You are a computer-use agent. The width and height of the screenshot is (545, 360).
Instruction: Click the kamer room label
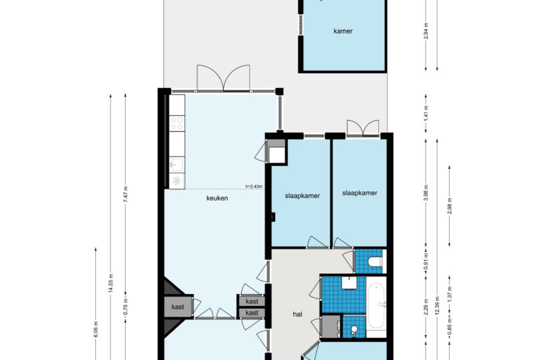point(342,31)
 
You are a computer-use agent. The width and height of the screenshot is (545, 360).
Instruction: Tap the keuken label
point(217,198)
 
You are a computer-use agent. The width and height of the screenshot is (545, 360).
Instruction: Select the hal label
point(298,314)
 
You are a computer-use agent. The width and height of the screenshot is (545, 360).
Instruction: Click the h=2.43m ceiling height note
point(254,186)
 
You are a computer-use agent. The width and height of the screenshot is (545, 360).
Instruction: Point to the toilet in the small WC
point(374,261)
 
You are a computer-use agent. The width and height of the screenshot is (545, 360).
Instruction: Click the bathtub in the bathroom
point(376,306)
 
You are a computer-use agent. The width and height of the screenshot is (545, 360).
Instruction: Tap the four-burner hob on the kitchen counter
point(177,123)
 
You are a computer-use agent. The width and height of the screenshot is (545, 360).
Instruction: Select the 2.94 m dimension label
point(426,31)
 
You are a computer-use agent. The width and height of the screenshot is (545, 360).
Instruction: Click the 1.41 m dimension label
point(426,114)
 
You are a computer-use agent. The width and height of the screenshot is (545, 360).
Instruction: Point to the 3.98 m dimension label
point(426,193)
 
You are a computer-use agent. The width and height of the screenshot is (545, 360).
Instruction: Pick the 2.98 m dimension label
point(450,206)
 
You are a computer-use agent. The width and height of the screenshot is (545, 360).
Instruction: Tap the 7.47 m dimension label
point(126,194)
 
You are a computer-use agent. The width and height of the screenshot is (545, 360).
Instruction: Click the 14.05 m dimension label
point(111,283)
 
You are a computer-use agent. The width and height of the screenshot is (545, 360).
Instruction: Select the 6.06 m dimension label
point(96,329)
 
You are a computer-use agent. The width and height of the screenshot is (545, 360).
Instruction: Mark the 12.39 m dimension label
point(437,306)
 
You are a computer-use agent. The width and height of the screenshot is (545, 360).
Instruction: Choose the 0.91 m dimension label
point(426,261)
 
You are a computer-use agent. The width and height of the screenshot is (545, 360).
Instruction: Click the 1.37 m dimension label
point(450,294)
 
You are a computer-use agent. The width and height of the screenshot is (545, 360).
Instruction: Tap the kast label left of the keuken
point(178,307)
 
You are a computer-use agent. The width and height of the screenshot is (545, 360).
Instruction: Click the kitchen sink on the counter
point(177,165)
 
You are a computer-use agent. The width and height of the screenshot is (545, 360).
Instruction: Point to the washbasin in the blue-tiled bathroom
point(348,283)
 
